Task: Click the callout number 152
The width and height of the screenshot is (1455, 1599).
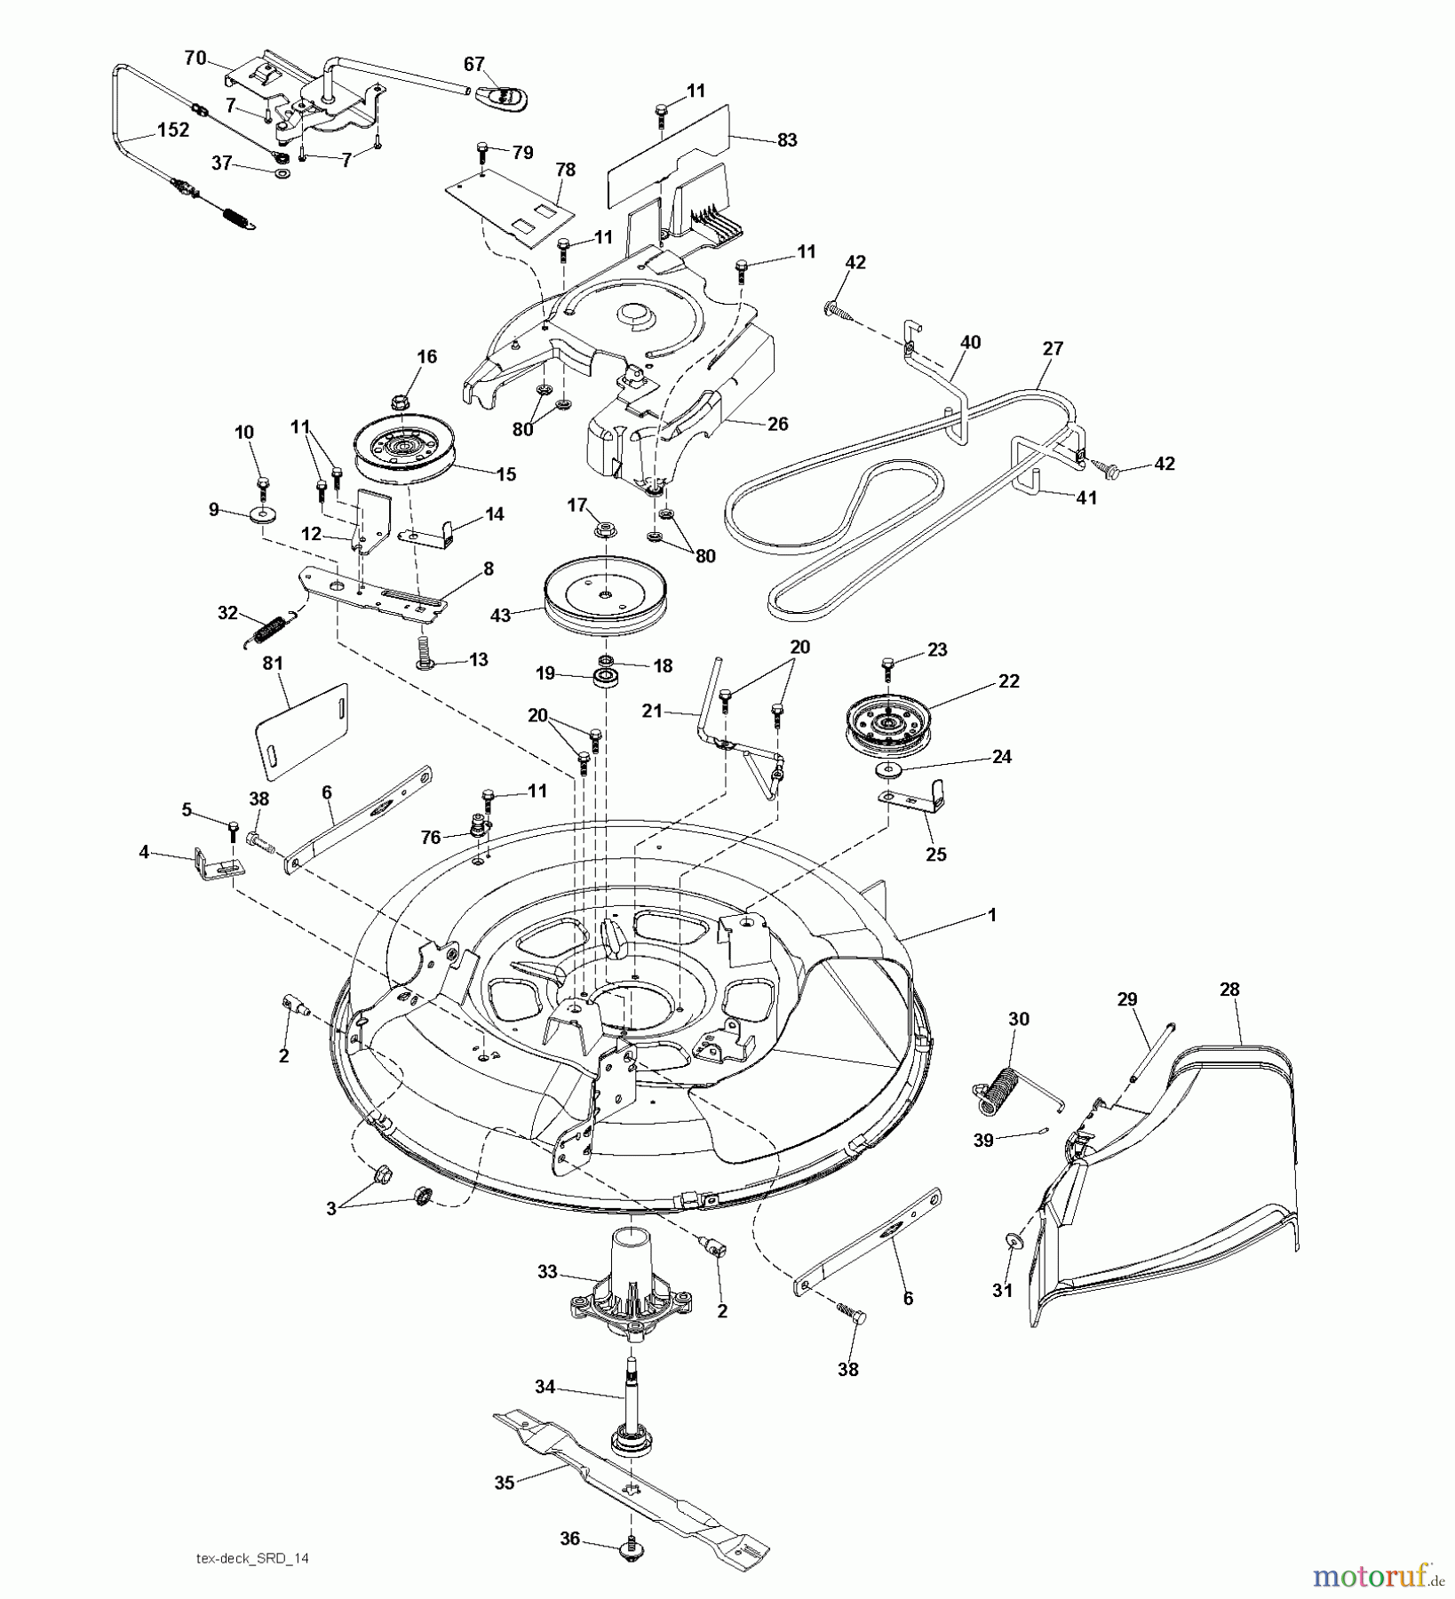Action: pos(172,130)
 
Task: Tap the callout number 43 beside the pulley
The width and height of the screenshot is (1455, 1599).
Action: pos(500,614)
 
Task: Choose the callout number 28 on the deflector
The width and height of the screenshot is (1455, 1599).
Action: pos(1229,989)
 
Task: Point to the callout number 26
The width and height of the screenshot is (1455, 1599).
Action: pos(777,424)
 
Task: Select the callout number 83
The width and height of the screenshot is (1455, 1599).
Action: pos(786,139)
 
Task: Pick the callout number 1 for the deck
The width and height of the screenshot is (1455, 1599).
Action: pos(992,914)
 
